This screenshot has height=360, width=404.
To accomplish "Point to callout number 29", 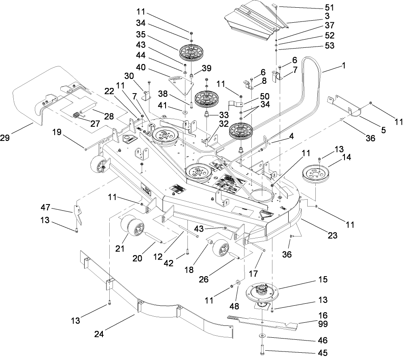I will [x=17, y=138].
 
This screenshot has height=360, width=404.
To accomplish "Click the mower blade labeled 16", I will [x=263, y=322].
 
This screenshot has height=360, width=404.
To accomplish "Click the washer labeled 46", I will [x=262, y=336].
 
